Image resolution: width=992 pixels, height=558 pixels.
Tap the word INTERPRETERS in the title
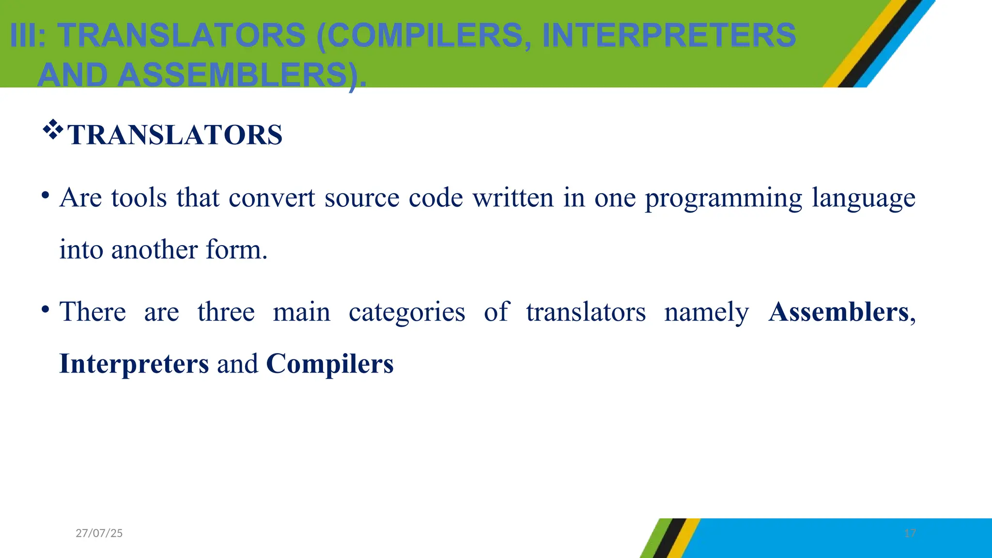point(669,35)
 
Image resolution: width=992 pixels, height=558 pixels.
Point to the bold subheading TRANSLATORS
point(174,135)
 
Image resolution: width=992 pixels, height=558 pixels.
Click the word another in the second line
point(154,250)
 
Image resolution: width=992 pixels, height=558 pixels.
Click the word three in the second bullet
point(226,312)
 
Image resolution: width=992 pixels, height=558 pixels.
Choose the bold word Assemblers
point(838,312)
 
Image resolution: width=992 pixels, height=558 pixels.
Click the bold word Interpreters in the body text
point(134,364)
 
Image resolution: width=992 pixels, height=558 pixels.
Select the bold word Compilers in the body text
point(330,364)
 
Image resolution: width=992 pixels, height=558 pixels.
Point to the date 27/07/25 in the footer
point(99,533)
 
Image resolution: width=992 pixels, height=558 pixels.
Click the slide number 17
point(910,533)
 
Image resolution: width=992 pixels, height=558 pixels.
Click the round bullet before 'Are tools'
point(45,196)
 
